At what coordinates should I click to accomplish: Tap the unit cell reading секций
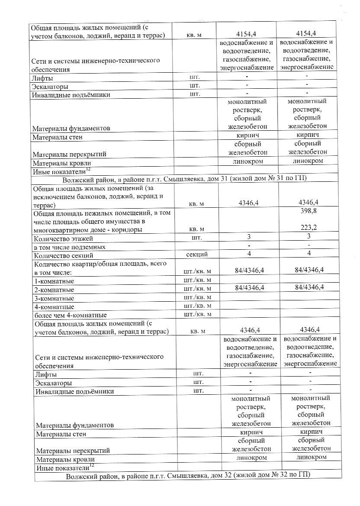click(x=197, y=254)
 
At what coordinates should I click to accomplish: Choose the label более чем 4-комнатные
click(x=70, y=315)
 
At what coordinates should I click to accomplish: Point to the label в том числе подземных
click(x=69, y=247)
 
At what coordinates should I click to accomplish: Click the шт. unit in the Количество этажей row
click(x=197, y=238)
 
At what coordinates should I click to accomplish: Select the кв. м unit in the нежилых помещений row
click(x=197, y=229)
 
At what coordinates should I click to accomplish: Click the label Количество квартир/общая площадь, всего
click(x=100, y=264)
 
